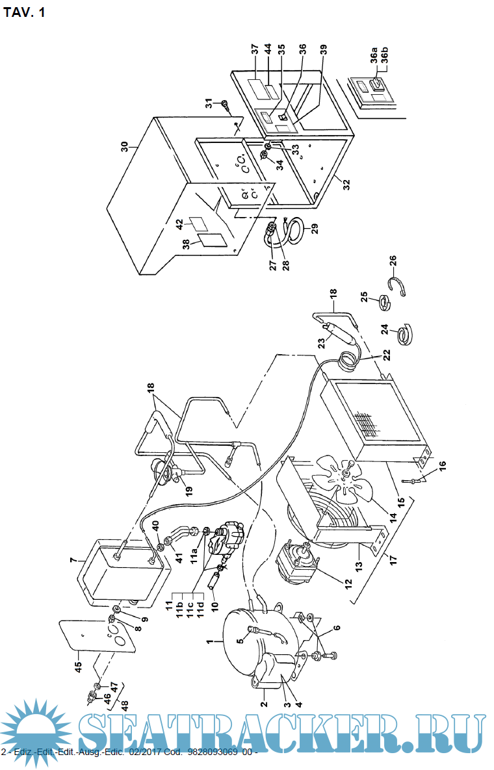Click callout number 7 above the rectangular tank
coord(74,559)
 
